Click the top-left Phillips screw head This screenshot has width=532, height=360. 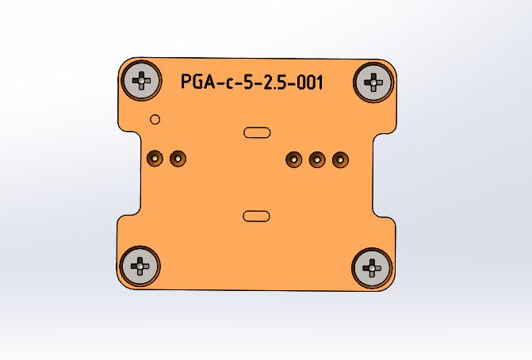141,80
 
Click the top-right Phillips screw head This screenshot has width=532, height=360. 373,82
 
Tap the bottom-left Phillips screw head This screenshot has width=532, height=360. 140,266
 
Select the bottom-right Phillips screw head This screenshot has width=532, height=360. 372,268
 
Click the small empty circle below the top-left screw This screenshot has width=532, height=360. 155,120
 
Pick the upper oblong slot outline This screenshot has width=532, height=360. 257,132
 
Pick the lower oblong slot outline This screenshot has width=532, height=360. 257,216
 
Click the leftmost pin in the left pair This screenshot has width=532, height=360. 155,158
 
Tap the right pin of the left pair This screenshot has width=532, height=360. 178,159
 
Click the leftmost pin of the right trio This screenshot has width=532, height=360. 294,159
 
